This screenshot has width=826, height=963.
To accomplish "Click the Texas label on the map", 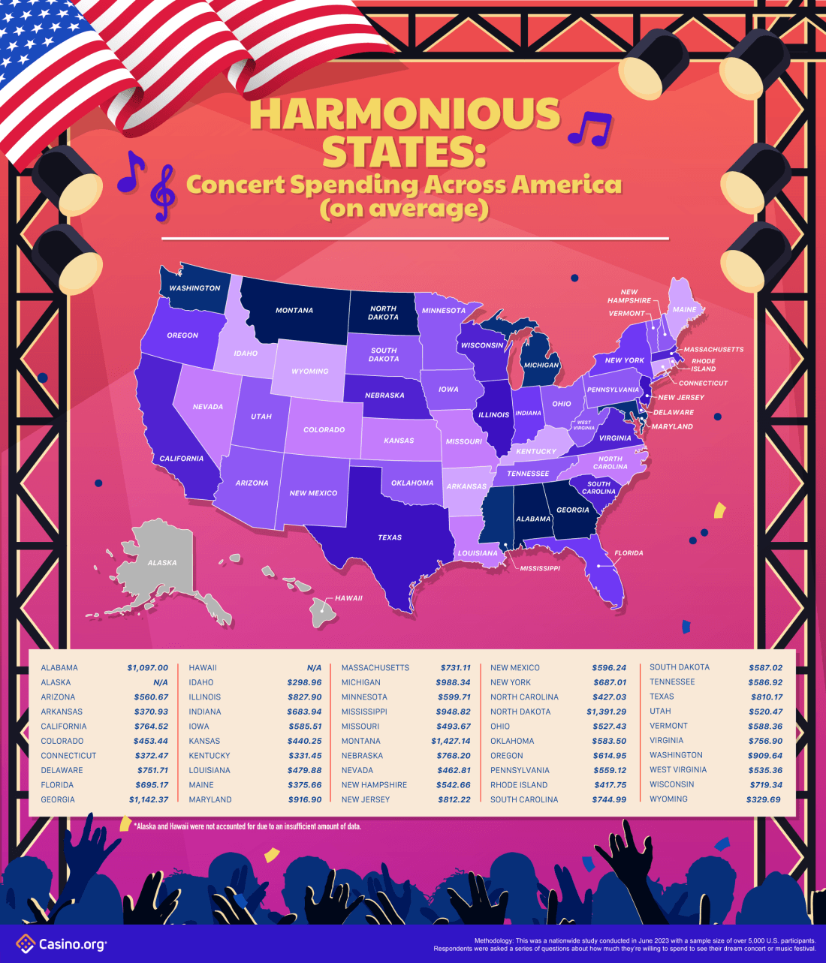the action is pyautogui.click(x=390, y=537).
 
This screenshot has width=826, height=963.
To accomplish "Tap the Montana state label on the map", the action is pyautogui.click(x=294, y=310).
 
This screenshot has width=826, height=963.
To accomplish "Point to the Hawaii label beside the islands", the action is pyautogui.click(x=348, y=598).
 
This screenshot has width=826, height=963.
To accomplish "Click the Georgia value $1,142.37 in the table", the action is pyautogui.click(x=147, y=799).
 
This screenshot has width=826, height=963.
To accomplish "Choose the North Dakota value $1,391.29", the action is pyautogui.click(x=606, y=712).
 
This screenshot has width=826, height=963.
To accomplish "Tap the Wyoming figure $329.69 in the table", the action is pyautogui.click(x=764, y=799).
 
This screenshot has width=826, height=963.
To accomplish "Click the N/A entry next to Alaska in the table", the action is pyautogui.click(x=160, y=682).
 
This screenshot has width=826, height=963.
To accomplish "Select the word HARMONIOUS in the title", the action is pyautogui.click(x=405, y=115).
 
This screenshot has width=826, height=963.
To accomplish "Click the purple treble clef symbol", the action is pyautogui.click(x=163, y=193).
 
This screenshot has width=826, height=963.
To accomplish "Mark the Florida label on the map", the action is pyautogui.click(x=629, y=553).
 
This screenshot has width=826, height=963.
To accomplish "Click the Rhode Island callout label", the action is pyautogui.click(x=703, y=365).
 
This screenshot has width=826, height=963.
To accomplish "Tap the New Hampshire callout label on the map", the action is pyautogui.click(x=629, y=296).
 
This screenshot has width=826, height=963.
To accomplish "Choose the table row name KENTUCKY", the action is pyautogui.click(x=210, y=755).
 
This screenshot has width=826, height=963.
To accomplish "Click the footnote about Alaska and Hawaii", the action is pyautogui.click(x=248, y=826).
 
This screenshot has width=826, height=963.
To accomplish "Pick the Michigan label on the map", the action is pyautogui.click(x=541, y=366).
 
